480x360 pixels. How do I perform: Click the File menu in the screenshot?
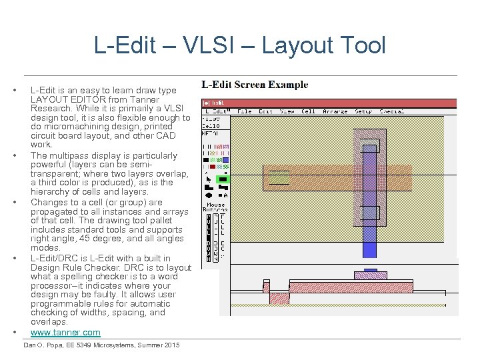click(245, 111)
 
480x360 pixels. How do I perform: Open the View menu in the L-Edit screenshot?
click(287, 111)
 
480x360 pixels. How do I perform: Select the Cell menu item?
click(308, 111)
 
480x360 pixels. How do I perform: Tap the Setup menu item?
click(363, 111)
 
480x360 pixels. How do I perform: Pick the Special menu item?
click(391, 111)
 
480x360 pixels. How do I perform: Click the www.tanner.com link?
click(65, 332)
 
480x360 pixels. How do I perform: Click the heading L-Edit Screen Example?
click(255, 85)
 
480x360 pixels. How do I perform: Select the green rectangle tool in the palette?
click(223, 179)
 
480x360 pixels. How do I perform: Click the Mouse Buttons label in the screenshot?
click(216, 207)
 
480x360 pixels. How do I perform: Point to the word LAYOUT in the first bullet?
click(47, 99)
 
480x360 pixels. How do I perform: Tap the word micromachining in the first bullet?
click(78, 127)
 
